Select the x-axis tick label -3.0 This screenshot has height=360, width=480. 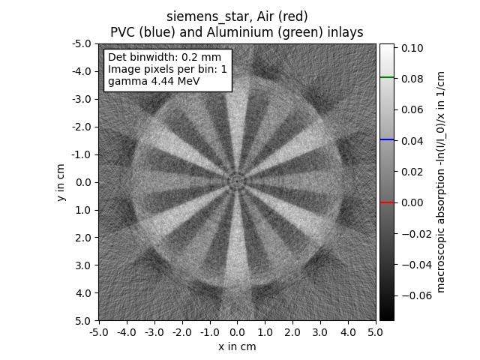coord(154,332)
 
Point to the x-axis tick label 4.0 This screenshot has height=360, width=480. coord(349,332)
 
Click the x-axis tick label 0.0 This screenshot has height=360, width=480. coord(237,332)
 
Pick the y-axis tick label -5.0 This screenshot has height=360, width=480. coord(82,43)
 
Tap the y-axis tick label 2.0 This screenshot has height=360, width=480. coord(83,238)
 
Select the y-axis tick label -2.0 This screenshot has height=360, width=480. coord(82,127)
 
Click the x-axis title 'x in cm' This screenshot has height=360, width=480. coord(237,346)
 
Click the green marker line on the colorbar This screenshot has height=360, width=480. coord(386,77)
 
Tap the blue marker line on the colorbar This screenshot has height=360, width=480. coord(386,139)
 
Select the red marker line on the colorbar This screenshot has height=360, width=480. coord(386,202)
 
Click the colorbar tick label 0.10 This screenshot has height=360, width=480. coord(410,47)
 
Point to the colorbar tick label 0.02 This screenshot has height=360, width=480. coord(410,172)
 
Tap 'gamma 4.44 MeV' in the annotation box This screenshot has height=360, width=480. coord(154,81)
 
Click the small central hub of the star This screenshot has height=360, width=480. coord(237,181)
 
